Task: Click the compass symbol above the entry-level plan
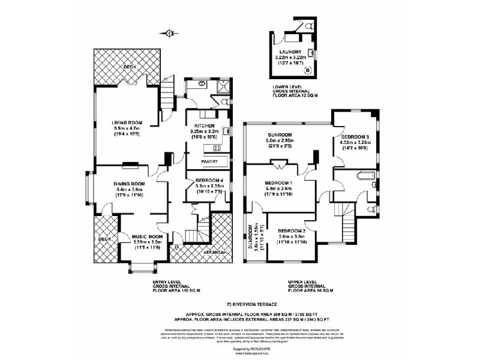tap(170, 33)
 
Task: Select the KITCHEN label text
tap(204, 124)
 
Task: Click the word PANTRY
tap(210, 161)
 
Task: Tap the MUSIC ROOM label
tap(148, 237)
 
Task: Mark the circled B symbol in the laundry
tap(308, 71)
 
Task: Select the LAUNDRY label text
tap(290, 52)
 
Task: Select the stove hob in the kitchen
tap(218, 148)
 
